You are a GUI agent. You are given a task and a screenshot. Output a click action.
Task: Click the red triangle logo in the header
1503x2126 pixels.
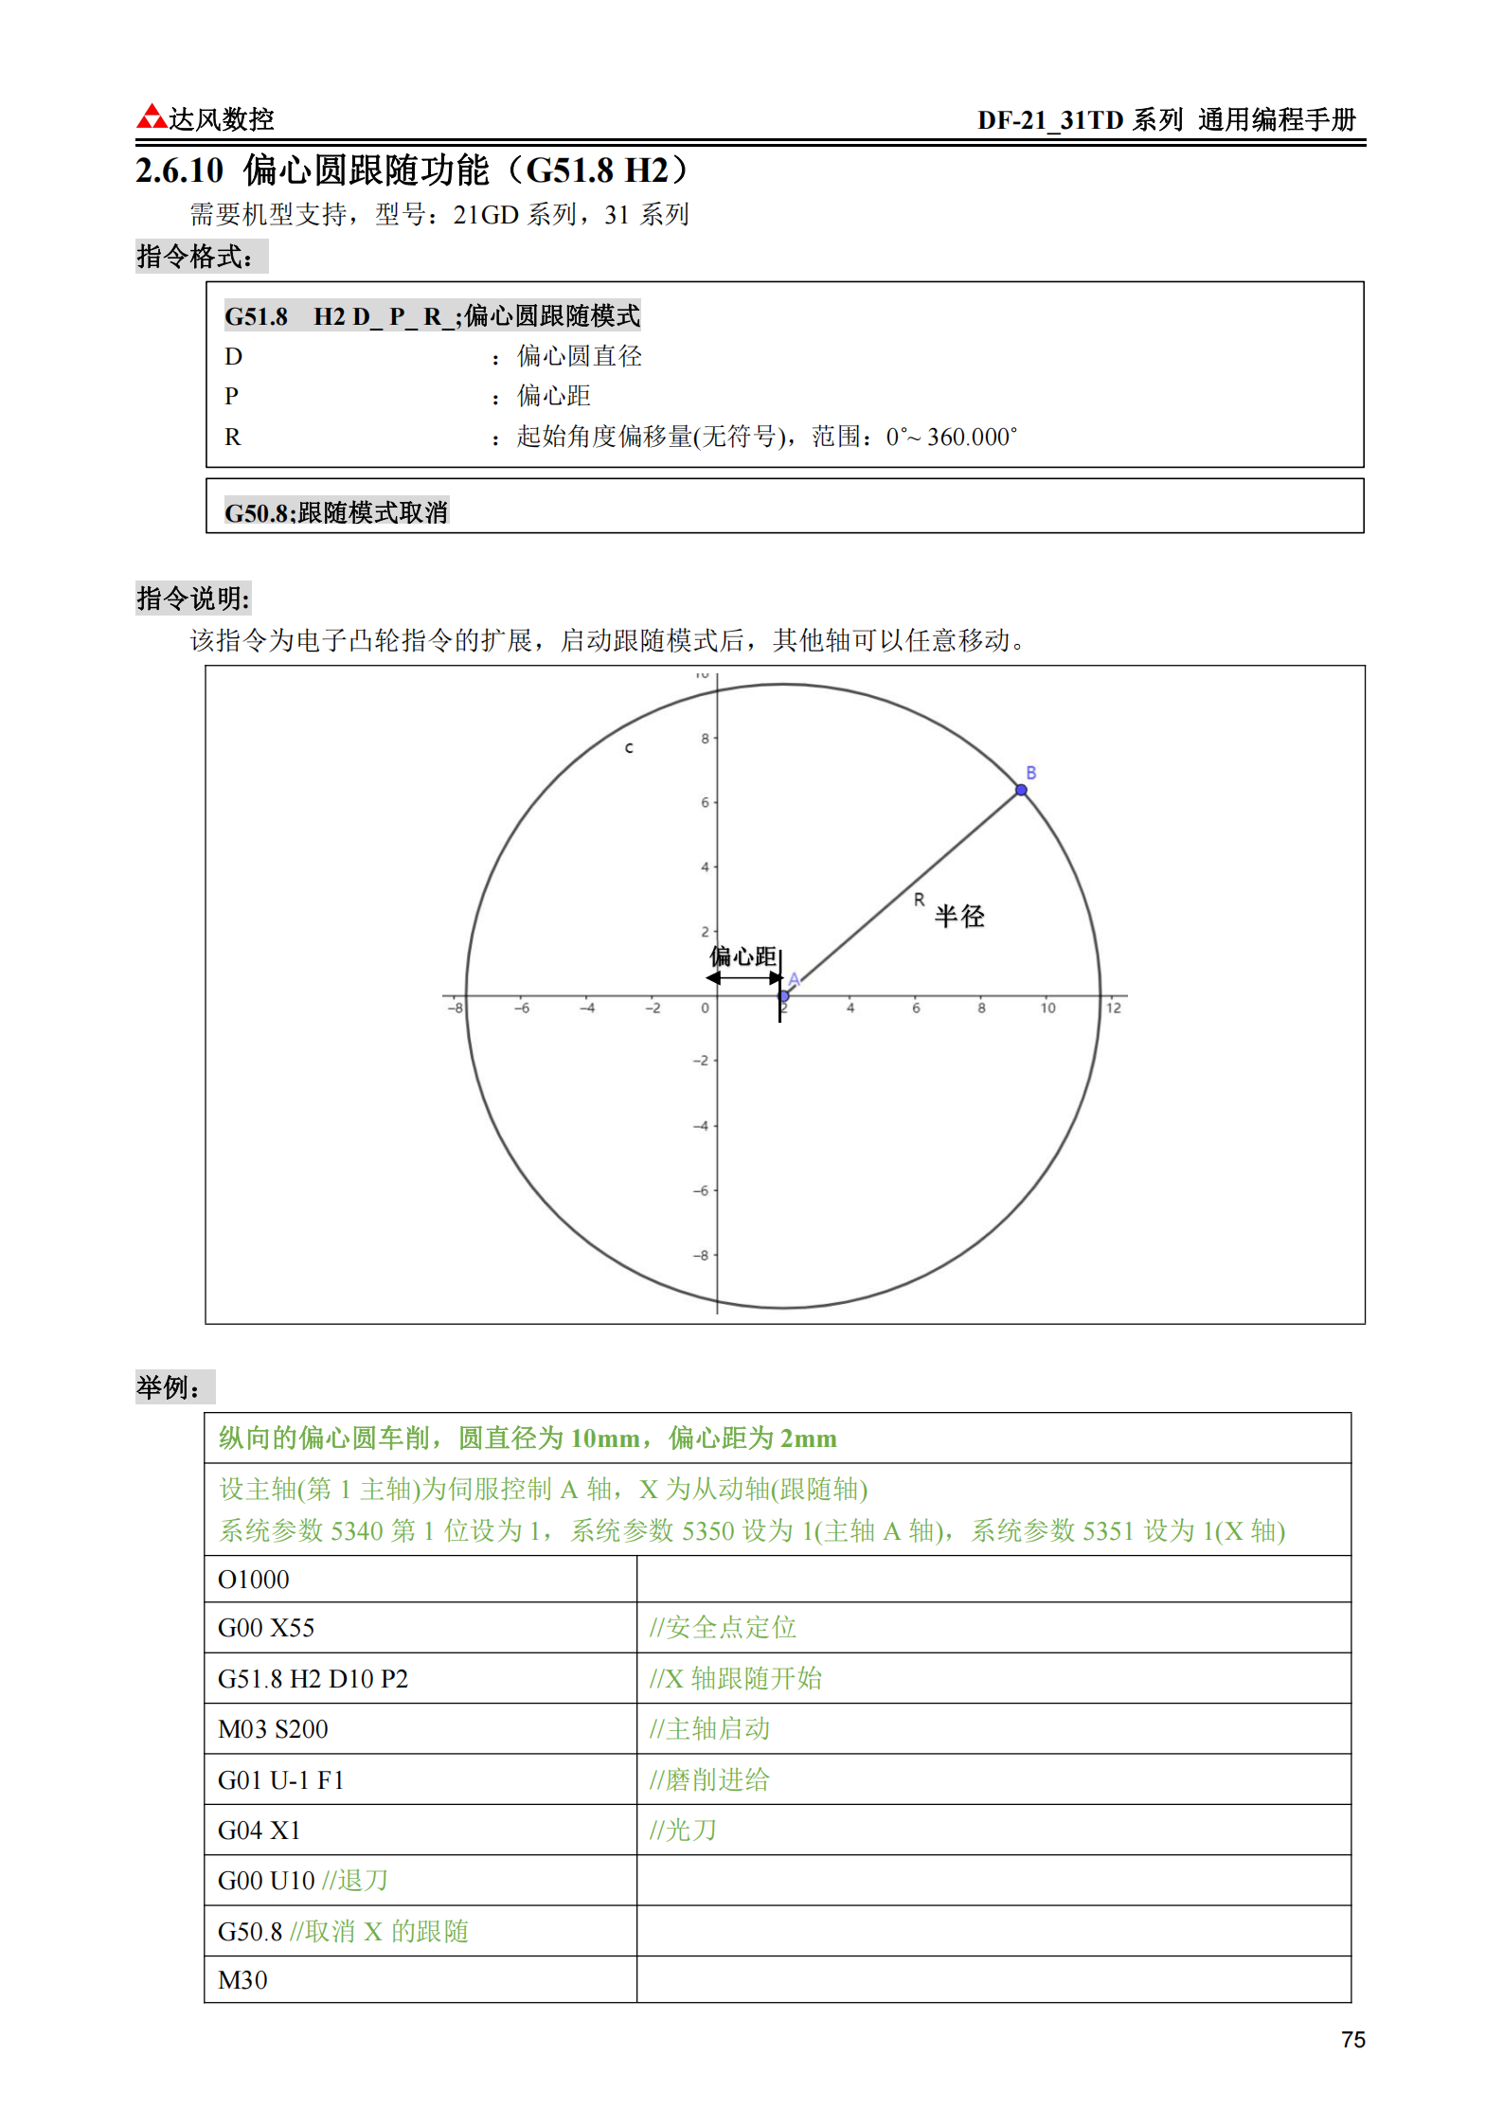[152, 116]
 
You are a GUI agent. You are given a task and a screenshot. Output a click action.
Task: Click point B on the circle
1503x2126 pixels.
[1021, 790]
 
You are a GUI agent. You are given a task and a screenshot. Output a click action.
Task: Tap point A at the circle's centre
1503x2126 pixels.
[784, 995]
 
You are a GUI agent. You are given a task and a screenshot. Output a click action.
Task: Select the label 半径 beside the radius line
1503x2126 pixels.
[959, 916]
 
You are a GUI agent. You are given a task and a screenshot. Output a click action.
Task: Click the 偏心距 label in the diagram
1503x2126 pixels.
[743, 956]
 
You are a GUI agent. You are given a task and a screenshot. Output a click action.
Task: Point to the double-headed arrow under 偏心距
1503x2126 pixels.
[744, 978]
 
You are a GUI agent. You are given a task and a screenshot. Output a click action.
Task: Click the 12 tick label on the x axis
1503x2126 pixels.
[1114, 1009]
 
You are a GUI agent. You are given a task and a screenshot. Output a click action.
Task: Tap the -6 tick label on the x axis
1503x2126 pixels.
[522, 1009]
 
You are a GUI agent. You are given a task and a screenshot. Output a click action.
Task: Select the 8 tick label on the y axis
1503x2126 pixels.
[705, 739]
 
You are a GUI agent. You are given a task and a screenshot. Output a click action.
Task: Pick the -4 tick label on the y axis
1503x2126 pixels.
[701, 1126]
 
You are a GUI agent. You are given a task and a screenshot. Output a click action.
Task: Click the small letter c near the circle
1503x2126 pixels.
[629, 748]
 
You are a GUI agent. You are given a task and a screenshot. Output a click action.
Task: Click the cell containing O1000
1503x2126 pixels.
[254, 1580]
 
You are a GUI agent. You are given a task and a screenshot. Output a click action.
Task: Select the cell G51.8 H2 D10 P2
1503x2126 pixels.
[313, 1679]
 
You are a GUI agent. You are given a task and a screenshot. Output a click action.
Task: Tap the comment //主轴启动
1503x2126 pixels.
[709, 1729]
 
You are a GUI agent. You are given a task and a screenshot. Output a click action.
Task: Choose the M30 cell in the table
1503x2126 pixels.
[243, 1980]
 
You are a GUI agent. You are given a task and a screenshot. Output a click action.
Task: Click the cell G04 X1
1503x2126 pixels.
[259, 1831]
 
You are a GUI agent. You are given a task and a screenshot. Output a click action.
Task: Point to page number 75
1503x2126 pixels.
[1352, 2040]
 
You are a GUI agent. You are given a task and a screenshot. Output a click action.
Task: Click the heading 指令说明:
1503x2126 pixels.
[193, 598]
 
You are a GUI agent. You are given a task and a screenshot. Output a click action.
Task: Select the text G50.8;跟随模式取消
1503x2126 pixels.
[336, 512]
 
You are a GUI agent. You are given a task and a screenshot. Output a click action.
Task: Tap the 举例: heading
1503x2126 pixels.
[169, 1387]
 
